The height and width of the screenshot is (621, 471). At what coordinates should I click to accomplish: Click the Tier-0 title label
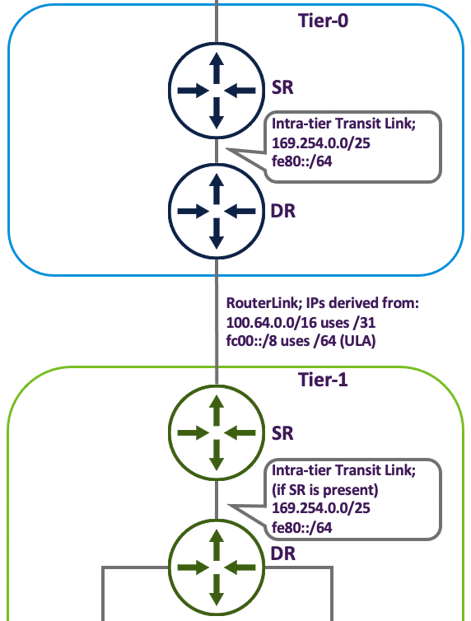coord(323,21)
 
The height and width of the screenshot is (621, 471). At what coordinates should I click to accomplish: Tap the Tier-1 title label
coord(323,380)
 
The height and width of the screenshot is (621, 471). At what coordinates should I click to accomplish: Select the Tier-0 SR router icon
coord(217,91)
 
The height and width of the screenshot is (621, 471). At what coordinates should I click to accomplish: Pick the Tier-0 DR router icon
coord(217,211)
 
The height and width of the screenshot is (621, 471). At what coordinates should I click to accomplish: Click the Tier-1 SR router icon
coord(217,433)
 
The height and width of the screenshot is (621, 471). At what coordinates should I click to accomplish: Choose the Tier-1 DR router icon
coord(217,567)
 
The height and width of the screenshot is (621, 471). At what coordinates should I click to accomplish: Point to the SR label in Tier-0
coord(282,87)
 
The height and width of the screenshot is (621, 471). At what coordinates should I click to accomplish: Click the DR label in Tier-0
coord(283,211)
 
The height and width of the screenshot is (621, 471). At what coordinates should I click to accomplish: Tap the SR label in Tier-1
coord(282,433)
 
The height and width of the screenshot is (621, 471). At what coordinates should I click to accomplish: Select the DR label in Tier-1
coord(283,553)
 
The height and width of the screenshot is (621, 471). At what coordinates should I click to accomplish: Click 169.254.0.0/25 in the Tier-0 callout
coord(321,143)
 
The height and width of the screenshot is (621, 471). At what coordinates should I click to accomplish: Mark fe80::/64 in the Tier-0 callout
coord(302,161)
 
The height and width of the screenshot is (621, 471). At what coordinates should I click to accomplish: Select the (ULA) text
coord(358,341)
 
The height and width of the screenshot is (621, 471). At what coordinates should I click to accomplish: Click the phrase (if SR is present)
coord(325,490)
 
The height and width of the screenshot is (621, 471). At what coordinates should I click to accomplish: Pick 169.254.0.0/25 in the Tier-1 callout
coord(321,508)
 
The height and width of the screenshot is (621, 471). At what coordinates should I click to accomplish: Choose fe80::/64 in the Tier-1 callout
coord(302,528)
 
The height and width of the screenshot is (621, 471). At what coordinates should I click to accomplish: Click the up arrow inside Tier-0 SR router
coord(217,68)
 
